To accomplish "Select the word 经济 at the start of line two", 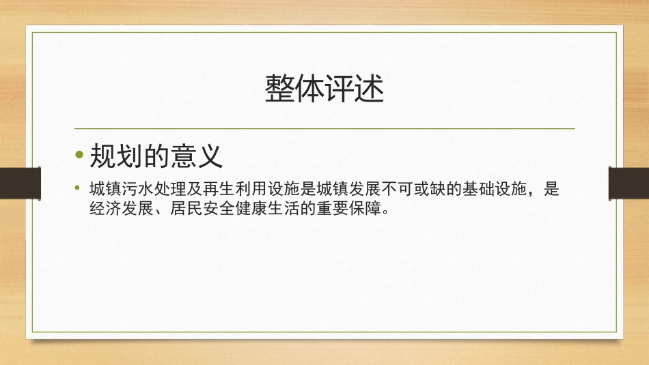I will pyautogui.click(x=105, y=208).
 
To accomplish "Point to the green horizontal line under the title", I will pyautogui.click(x=324, y=128).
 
